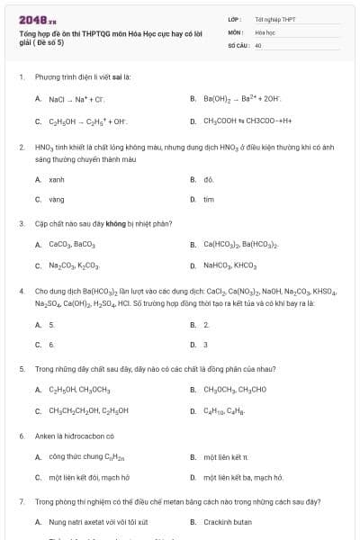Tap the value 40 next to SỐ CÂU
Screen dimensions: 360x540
tap(258, 44)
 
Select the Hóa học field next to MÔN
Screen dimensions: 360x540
tap(265, 31)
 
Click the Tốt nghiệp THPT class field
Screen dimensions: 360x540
tap(274, 19)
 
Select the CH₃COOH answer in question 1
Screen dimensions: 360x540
tap(241, 121)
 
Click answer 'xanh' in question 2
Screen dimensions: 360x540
tap(56, 179)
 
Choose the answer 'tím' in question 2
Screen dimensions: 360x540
tap(209, 199)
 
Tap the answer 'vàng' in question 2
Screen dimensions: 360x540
tap(56, 199)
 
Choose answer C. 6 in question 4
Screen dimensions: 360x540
tap(51, 344)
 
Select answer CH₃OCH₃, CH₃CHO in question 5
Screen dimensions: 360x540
tap(229, 390)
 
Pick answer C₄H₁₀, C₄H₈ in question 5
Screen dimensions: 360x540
tap(219, 411)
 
